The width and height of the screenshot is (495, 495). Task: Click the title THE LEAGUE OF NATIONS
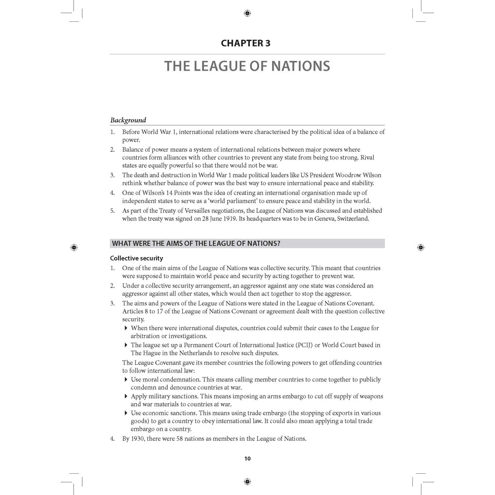pos(247,66)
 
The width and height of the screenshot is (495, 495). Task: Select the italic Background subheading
pos(128,120)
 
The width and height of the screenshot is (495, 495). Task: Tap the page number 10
pos(247,459)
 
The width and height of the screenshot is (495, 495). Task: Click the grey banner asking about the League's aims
pos(247,243)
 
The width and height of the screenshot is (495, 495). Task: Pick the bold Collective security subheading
pos(136,258)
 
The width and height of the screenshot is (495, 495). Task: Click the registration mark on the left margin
pos(73,247)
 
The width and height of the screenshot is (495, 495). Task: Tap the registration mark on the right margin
pos(421,247)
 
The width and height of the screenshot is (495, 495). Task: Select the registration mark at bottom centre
pos(247,481)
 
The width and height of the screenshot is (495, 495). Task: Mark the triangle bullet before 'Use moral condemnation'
pos(126,379)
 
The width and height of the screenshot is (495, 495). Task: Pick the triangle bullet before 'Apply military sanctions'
pos(126,396)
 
